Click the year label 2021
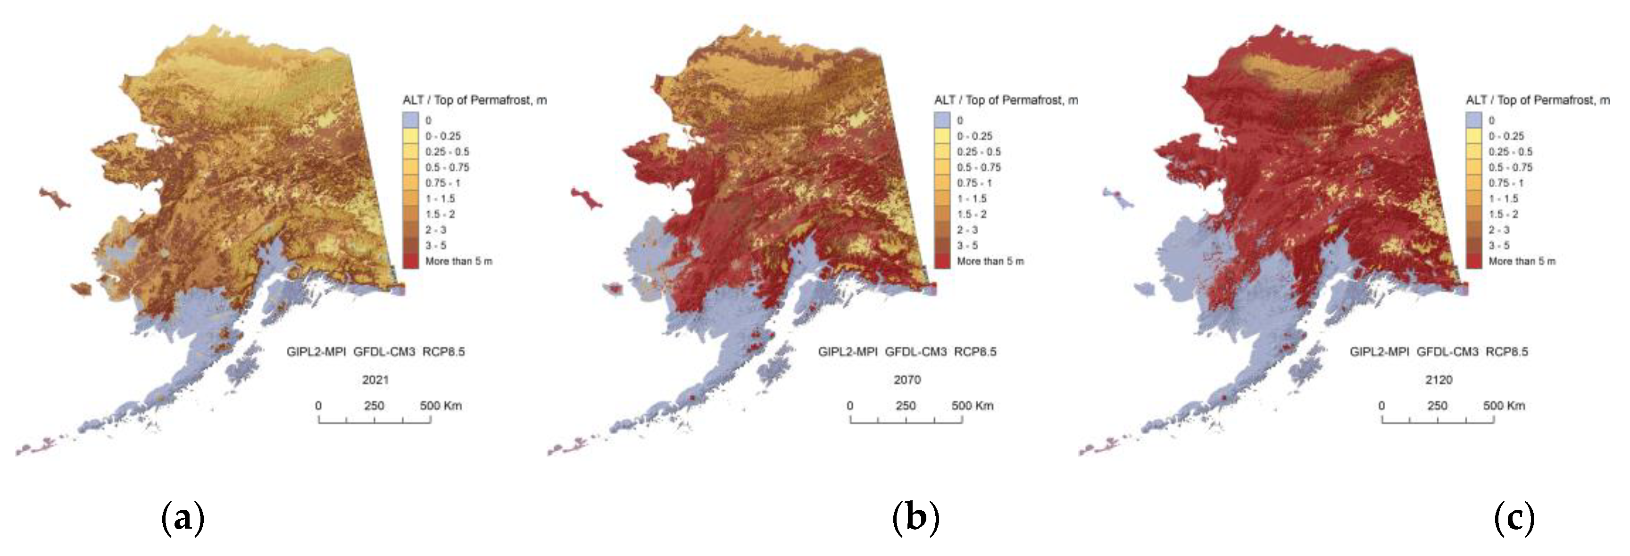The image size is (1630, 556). click(375, 380)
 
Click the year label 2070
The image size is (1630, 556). click(907, 380)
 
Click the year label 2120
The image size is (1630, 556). click(1438, 380)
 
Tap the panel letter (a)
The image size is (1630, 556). click(183, 519)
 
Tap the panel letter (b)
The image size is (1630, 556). click(915, 519)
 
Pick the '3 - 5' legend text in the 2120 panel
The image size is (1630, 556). click(1499, 245)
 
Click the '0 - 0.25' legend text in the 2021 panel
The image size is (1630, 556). click(443, 136)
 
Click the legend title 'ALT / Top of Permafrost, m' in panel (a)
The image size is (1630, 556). click(474, 100)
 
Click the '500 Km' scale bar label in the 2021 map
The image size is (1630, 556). click(441, 406)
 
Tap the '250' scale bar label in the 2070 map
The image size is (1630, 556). click(906, 406)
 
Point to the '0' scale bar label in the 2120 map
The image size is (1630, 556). click(1381, 406)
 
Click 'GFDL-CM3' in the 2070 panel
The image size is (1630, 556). click(915, 352)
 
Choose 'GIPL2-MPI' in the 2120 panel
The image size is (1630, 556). click(1380, 352)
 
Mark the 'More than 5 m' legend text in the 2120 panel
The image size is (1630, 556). click(1522, 261)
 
